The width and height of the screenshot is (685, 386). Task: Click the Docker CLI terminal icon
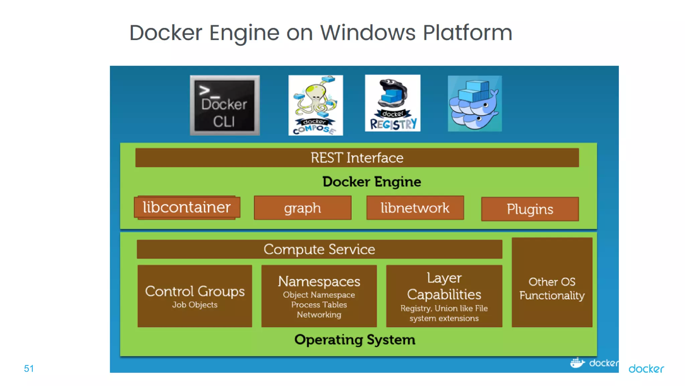click(225, 105)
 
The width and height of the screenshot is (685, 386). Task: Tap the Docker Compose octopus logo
click(315, 105)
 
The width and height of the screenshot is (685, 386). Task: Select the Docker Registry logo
click(393, 103)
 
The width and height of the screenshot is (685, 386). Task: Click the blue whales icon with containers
click(475, 104)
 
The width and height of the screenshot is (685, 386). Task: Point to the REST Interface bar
click(357, 157)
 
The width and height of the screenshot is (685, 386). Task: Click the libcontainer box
click(187, 207)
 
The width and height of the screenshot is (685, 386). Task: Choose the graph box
click(302, 208)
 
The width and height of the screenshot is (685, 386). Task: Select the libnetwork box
click(415, 208)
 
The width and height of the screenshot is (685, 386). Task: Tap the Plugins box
click(530, 209)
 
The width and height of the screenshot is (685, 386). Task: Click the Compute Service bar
click(319, 249)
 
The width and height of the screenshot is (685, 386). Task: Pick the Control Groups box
click(195, 292)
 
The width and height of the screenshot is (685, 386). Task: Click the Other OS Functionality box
click(552, 288)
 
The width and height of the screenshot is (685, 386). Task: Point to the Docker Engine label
click(372, 182)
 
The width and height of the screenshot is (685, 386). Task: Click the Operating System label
click(355, 340)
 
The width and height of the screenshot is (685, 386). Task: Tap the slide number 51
click(29, 369)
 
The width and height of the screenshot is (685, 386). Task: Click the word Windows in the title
click(368, 33)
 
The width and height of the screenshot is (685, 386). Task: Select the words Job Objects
click(195, 305)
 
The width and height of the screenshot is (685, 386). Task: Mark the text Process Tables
click(319, 305)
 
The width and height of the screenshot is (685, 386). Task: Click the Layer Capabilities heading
click(444, 286)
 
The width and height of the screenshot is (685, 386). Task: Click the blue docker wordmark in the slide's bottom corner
click(646, 369)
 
